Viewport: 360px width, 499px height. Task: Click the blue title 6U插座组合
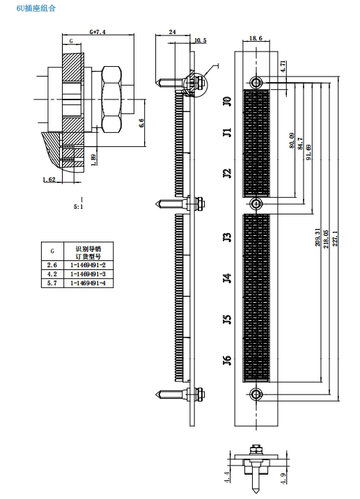(36, 8)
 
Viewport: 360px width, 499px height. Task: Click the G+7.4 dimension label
(97, 32)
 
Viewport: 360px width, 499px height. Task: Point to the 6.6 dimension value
(141, 122)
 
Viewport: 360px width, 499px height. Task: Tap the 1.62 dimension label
(49, 180)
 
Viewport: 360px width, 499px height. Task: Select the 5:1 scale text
(78, 207)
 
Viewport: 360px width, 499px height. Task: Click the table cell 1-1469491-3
(88, 274)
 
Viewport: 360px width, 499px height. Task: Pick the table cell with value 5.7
(52, 283)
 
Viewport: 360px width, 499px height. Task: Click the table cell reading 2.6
(52, 264)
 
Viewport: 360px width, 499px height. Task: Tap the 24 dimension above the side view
(172, 32)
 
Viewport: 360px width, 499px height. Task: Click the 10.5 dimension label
(201, 40)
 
